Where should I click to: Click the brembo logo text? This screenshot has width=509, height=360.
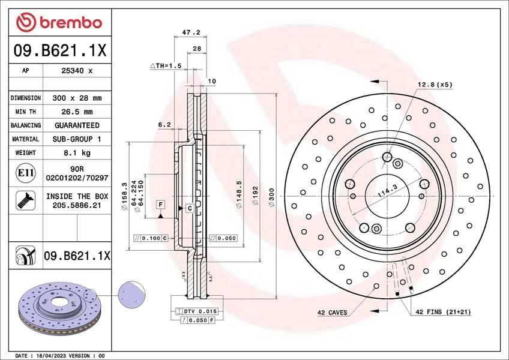(71, 23)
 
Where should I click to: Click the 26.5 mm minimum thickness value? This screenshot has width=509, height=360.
(77, 112)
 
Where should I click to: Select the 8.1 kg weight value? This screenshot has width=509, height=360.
(77, 153)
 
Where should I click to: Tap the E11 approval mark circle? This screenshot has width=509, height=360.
(25, 173)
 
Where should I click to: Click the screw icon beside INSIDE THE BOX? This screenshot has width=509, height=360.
(25, 200)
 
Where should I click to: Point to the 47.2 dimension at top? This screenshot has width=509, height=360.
(190, 32)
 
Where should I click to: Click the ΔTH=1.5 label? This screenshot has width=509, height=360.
(166, 65)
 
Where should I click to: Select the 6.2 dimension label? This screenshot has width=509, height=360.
(164, 125)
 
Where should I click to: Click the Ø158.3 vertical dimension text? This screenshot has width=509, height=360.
(124, 196)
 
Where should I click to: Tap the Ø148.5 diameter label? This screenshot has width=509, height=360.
(239, 195)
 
